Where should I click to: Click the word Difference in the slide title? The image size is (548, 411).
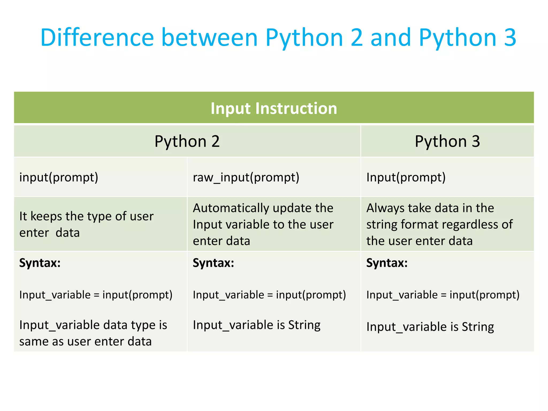coord(97,37)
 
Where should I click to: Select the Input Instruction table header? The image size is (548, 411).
coord(274,108)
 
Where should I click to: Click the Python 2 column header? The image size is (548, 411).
coord(187,141)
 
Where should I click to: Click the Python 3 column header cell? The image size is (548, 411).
coord(447,141)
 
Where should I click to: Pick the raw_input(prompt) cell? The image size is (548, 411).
coord(246,177)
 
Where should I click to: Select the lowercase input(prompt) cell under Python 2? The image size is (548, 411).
coord(59,177)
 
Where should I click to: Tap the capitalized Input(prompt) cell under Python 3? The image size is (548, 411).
coord(406,177)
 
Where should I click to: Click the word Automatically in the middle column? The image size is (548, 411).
coord(227,208)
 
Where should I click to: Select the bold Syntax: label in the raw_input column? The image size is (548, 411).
coord(213,263)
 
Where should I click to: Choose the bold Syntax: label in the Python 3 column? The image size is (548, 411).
coord(387,263)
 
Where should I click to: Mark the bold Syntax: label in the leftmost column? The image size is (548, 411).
coord(40,263)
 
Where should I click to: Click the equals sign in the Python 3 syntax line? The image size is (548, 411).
coord(444,295)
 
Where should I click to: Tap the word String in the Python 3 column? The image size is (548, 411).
coord(478,327)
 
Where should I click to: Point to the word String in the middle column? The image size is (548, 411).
coord(304,325)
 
